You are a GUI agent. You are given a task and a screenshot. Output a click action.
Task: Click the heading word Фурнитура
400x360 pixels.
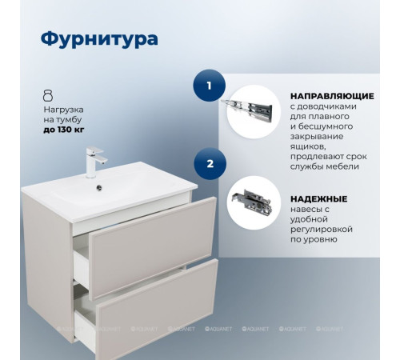[98, 39]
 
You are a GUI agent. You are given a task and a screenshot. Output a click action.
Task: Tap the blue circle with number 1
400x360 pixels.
[210, 85]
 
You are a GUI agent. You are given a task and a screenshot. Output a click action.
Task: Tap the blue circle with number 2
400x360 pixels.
[210, 164]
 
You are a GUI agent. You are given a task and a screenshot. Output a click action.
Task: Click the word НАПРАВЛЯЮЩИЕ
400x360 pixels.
[331, 94]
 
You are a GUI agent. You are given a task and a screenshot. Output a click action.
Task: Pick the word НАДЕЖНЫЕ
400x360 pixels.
[318, 198]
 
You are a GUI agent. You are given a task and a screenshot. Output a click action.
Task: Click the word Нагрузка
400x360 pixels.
[64, 107]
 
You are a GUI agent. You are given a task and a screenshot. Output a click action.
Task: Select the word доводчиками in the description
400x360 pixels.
[333, 106]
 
